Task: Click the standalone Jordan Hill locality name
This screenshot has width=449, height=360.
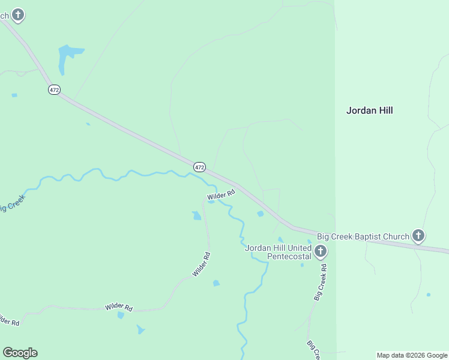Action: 369,110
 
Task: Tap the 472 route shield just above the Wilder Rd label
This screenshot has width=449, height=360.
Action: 200,166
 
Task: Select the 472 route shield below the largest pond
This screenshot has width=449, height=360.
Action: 54,89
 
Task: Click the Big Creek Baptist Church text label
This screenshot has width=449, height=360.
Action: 363,236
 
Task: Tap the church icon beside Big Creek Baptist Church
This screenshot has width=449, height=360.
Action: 418,236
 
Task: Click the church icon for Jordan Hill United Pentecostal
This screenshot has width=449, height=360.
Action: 321,251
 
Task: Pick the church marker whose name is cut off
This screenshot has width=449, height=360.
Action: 18,14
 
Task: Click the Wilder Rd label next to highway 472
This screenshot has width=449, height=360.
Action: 220,196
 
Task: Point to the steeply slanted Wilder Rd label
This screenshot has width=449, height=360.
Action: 201,264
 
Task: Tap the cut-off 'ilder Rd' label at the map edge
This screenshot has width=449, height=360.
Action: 8,320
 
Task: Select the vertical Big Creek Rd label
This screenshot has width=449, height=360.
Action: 321,282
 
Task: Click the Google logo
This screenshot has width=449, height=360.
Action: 20,353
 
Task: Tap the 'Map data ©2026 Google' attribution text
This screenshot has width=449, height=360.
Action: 412,355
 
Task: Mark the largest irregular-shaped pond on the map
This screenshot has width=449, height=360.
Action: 66,57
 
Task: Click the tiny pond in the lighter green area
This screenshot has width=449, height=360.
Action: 428,295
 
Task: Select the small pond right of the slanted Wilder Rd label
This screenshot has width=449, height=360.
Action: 216,283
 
